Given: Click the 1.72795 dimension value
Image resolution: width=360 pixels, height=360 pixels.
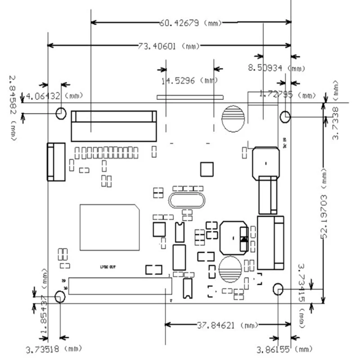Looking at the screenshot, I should tap(277, 94).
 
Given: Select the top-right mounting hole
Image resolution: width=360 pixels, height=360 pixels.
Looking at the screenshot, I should tap(285, 117).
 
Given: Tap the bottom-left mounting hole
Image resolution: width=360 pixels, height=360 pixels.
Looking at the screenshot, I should tap(59, 297).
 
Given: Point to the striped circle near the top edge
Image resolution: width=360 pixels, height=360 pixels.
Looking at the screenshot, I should tap(234, 119).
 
